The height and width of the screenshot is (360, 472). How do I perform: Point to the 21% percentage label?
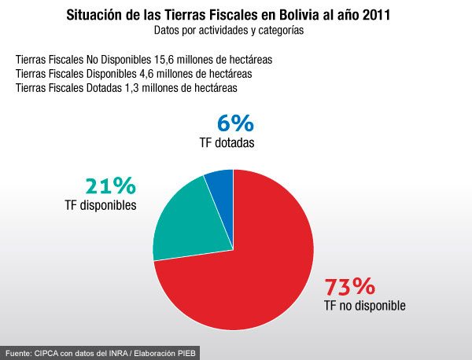click(110, 186)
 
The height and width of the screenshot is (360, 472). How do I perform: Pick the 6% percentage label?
click(234, 123)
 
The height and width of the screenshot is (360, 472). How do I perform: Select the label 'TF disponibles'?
click(101, 205)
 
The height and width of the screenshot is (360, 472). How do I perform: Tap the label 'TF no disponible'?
click(364, 306)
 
